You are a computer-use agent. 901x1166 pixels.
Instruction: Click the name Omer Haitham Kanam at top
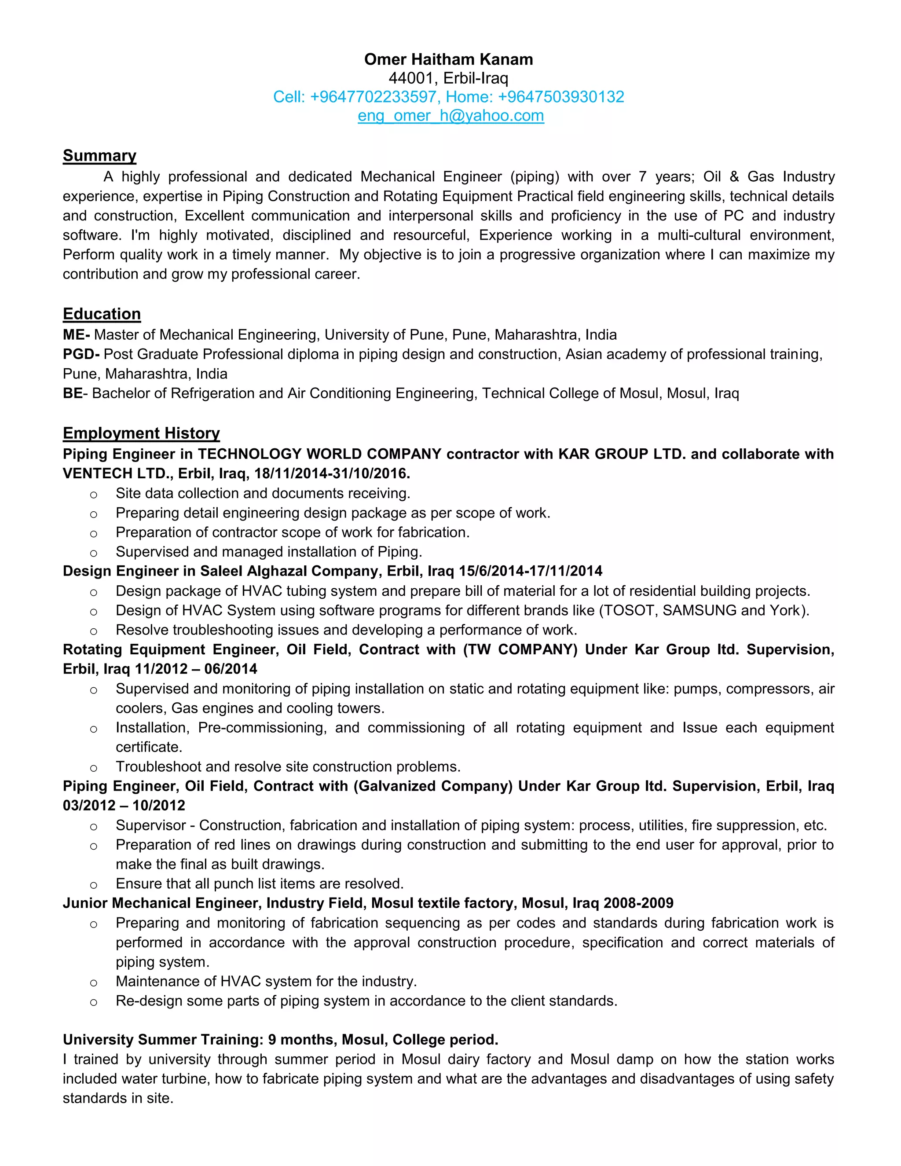[x=448, y=59]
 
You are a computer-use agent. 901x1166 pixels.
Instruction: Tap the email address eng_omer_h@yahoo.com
[x=450, y=115]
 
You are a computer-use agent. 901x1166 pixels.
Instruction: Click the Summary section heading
[x=99, y=155]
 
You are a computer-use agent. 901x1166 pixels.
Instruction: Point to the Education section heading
[x=102, y=314]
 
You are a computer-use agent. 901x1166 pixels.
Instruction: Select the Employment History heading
[x=141, y=433]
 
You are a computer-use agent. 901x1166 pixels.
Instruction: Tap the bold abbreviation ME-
[x=76, y=335]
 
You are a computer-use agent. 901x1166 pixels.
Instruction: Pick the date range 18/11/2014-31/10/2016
[x=332, y=473]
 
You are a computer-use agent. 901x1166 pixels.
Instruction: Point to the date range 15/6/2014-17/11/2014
[x=530, y=571]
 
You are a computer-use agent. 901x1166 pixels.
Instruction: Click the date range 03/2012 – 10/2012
[x=124, y=806]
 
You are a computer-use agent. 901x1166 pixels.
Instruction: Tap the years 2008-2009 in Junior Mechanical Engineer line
[x=638, y=903]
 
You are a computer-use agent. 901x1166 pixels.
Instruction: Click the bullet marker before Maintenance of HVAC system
[x=93, y=983]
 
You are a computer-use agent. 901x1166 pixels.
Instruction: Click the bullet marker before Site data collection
[x=93, y=495]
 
